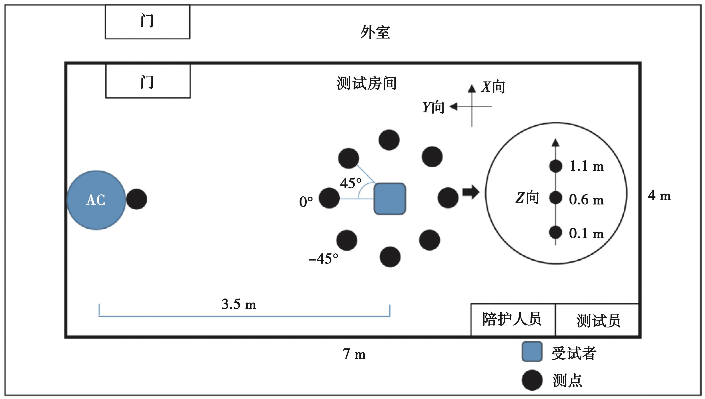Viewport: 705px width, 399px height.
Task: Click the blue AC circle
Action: [96, 200]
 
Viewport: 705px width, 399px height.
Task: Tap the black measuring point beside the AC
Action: [136, 199]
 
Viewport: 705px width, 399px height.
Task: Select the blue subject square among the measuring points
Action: [390, 199]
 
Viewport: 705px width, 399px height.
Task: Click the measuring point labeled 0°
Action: [329, 198]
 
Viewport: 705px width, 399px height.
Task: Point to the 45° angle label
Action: [351, 183]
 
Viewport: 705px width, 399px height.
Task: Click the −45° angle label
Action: [323, 258]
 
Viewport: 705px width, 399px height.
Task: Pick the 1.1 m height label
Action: [586, 166]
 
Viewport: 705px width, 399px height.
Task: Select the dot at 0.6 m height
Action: [555, 198]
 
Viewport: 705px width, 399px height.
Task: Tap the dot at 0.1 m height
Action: [555, 232]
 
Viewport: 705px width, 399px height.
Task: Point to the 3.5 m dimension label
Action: [239, 304]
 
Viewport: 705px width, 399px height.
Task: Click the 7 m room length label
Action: [354, 354]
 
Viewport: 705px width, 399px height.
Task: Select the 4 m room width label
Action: [659, 196]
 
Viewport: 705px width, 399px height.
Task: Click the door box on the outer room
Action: [147, 22]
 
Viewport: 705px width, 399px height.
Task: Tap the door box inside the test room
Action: [148, 81]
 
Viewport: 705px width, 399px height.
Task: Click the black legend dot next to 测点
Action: [532, 380]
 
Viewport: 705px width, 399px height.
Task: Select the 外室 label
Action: [375, 32]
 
